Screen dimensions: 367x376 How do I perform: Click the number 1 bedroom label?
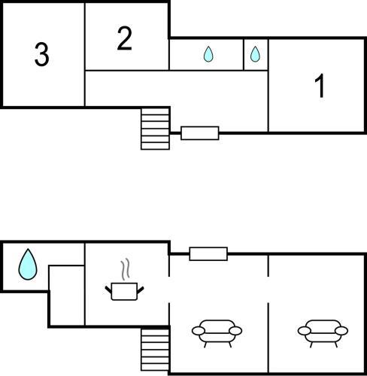(320, 86)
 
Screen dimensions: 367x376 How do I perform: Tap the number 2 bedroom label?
(124, 38)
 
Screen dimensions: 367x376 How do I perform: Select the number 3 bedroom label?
(41, 54)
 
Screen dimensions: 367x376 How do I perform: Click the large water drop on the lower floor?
(28, 264)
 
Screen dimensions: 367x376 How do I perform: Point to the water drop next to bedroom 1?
(255, 54)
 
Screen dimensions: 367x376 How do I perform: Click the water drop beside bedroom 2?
(208, 54)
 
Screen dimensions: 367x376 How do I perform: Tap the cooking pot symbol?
(124, 291)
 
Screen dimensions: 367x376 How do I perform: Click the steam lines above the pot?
(126, 269)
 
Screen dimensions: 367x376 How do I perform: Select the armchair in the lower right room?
(323, 333)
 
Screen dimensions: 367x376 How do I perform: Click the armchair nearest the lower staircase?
(217, 333)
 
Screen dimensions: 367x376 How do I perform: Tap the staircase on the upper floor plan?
(155, 129)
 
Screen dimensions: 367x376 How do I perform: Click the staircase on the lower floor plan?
(155, 350)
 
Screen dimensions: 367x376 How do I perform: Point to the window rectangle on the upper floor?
(200, 133)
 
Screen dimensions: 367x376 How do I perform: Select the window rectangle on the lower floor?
(208, 253)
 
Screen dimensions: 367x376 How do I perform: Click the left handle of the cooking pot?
(108, 290)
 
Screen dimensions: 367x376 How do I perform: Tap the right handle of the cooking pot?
(141, 290)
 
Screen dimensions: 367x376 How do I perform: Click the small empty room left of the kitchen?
(67, 296)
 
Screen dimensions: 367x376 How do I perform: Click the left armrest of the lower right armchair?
(304, 331)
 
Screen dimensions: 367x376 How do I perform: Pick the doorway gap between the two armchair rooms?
(268, 290)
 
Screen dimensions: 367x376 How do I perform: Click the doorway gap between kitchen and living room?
(169, 290)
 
